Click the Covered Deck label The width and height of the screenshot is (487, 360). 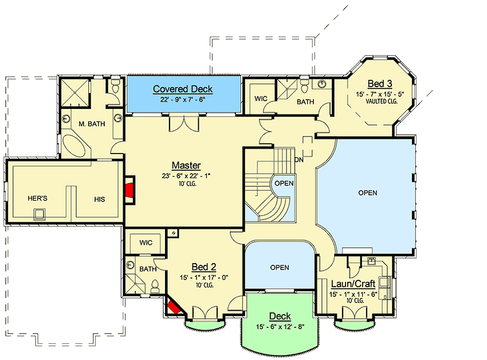click(183, 89)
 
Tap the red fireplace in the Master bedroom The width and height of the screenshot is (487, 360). click(130, 190)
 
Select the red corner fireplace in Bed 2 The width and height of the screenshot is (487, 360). click(174, 306)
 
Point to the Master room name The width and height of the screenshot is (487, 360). click(186, 165)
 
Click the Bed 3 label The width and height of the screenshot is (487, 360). click(379, 84)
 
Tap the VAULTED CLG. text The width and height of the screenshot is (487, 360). click(382, 101)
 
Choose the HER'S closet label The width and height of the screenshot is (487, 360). click(37, 198)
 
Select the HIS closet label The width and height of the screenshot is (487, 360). click(99, 199)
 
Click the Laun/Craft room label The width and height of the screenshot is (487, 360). click(353, 284)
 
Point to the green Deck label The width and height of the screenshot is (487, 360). click(280, 316)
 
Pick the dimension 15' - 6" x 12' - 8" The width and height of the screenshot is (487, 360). click(280, 327)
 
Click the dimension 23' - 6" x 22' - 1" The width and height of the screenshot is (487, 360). click(186, 176)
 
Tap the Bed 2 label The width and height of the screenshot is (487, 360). click(204, 267)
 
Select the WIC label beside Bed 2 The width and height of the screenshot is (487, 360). click(146, 242)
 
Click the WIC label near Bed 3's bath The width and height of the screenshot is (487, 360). click(261, 99)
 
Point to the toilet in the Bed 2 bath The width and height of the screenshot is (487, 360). click(155, 287)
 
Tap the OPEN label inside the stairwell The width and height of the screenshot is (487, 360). click(284, 183)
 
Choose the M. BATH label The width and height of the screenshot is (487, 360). click(92, 124)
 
